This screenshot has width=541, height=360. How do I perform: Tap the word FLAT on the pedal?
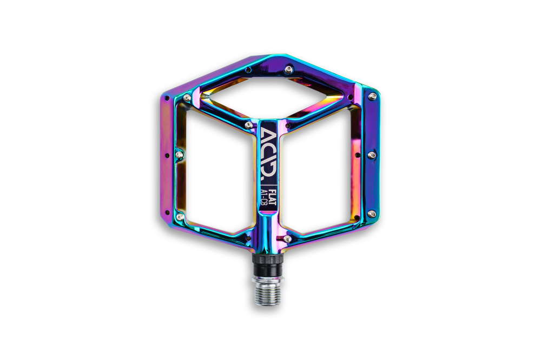[x=274, y=193]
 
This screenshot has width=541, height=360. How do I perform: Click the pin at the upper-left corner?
[x=187, y=97]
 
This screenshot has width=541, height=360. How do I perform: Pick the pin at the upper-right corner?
[x=372, y=97]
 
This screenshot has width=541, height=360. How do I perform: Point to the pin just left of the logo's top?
[x=248, y=125]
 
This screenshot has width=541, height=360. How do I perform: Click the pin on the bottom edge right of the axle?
[x=287, y=237]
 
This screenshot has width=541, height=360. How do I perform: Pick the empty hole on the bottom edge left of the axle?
[x=249, y=237]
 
